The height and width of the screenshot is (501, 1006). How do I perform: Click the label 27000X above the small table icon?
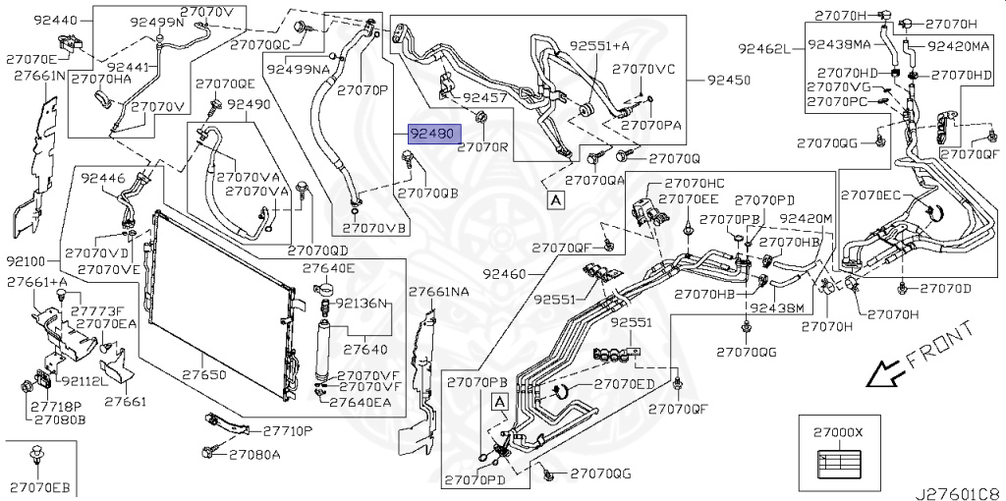point(837,431)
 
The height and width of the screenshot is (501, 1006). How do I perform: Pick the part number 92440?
point(28,20)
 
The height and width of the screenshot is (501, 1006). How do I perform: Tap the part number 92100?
point(25,263)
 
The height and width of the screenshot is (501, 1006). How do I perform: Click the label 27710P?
point(286,430)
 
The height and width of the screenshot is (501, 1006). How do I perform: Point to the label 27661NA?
point(438,292)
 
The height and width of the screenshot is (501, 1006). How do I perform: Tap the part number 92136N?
point(363,304)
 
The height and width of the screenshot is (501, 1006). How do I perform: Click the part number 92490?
point(249,104)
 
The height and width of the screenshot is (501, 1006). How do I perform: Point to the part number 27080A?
point(254,454)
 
